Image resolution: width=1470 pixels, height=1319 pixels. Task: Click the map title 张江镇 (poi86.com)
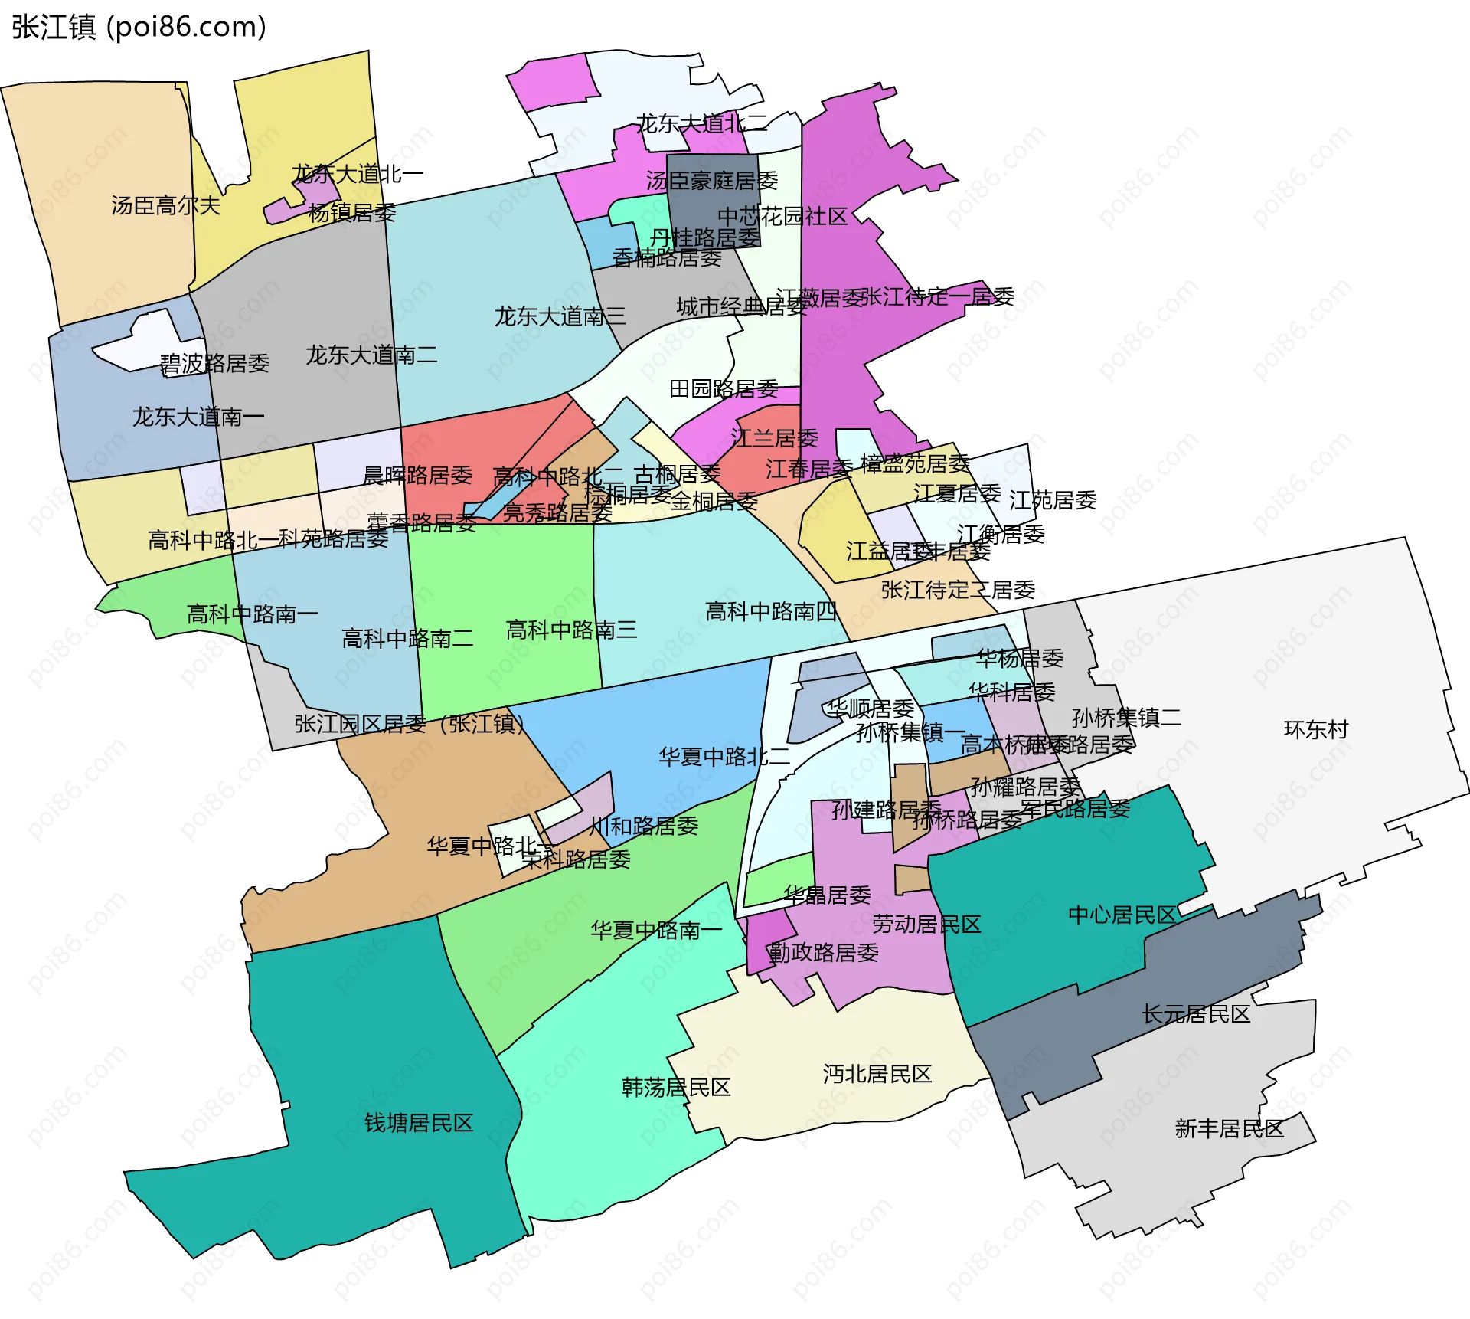pyautogui.click(x=139, y=27)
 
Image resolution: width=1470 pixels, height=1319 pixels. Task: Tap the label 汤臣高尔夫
pyautogui.click(x=165, y=205)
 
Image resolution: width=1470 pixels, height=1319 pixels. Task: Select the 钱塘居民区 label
pyautogui.click(x=419, y=1123)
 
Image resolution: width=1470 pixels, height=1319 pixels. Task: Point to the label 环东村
pyautogui.click(x=1315, y=729)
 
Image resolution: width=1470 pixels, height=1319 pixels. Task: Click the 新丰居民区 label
pyautogui.click(x=1229, y=1128)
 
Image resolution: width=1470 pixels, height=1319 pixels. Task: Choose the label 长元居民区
pyautogui.click(x=1196, y=1014)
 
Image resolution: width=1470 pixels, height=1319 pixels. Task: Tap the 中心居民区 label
pyautogui.click(x=1122, y=915)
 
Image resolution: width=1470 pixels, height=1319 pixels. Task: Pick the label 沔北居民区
pyautogui.click(x=877, y=1074)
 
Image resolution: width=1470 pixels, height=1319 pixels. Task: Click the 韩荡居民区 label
pyautogui.click(x=676, y=1087)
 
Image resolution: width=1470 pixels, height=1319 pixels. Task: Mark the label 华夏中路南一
pyautogui.click(x=656, y=930)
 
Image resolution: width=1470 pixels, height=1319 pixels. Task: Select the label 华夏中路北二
pyautogui.click(x=724, y=757)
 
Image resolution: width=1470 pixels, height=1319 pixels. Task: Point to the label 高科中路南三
pyautogui.click(x=571, y=630)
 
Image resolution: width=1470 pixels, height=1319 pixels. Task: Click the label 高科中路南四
pyautogui.click(x=770, y=611)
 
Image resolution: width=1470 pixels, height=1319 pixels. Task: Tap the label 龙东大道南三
pyautogui.click(x=560, y=316)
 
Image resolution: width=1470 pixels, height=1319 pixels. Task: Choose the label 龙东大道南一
pyautogui.click(x=198, y=417)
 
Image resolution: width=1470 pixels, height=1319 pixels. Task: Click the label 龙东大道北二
pyautogui.click(x=701, y=123)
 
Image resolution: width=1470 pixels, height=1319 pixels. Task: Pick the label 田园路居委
pyautogui.click(x=724, y=389)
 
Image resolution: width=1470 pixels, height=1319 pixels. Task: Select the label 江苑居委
pyautogui.click(x=1053, y=500)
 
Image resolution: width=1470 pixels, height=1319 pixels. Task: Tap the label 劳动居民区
pyautogui.click(x=926, y=924)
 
